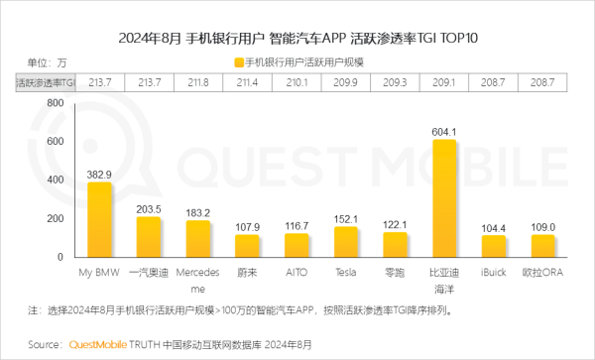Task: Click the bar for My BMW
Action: (99, 219)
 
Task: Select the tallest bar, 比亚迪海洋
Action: (445, 197)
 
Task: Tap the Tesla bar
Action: (345, 242)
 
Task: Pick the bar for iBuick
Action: (493, 246)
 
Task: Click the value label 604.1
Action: (445, 131)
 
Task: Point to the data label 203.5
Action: (148, 209)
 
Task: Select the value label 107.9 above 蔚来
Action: (247, 227)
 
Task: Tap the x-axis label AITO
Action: (297, 270)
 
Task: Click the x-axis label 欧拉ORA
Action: (543, 270)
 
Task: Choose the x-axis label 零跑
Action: (395, 270)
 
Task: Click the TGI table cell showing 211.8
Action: (197, 81)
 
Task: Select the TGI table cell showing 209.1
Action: (445, 81)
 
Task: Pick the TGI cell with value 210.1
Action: (297, 81)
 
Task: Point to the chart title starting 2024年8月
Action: (297, 39)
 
